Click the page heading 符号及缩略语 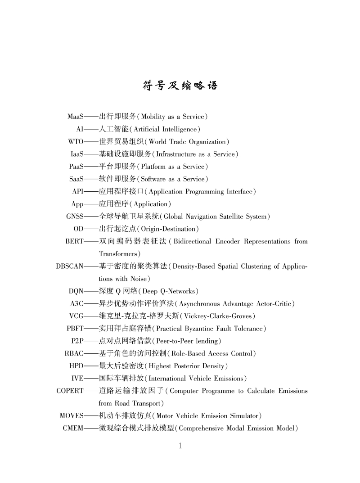coord(180,85)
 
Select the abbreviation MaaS coord(75,117)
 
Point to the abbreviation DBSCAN coord(69,266)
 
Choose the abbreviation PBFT coord(75,329)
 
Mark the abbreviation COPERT coord(70,391)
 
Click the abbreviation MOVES coord(72,415)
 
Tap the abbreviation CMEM coord(73,428)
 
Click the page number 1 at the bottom coord(180,446)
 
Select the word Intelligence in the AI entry coord(177,130)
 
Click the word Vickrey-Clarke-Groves coord(218,316)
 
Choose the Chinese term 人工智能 coord(110,129)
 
